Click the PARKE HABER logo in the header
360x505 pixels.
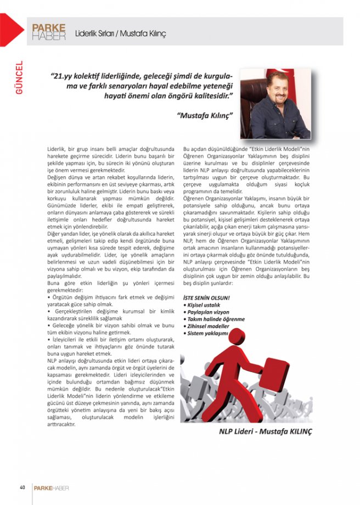(49, 32)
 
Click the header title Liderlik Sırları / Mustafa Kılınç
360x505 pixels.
(120, 33)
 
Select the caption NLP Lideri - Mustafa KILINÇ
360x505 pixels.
(265, 431)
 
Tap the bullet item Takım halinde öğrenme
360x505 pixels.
(215, 318)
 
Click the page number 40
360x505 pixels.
(22, 487)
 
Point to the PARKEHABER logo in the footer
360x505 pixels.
(51, 487)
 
